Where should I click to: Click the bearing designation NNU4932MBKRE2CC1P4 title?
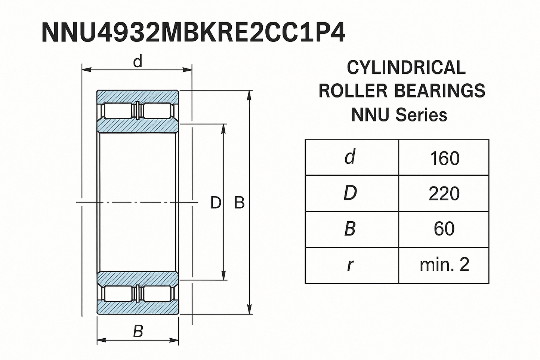[193, 33]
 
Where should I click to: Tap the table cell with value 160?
[444, 158]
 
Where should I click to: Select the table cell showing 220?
[444, 194]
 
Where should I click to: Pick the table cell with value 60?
[444, 229]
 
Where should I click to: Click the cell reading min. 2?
[444, 265]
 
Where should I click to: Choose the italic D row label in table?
[350, 193]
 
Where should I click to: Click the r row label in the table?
[350, 265]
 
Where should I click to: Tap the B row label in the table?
[350, 229]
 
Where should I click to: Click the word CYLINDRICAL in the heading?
[406, 68]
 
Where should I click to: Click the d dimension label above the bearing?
[138, 62]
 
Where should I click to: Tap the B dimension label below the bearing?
[138, 331]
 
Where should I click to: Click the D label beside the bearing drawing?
[216, 203]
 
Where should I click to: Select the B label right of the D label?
[239, 203]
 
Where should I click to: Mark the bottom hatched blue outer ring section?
[138, 308]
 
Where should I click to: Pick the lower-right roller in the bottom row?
[157, 293]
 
